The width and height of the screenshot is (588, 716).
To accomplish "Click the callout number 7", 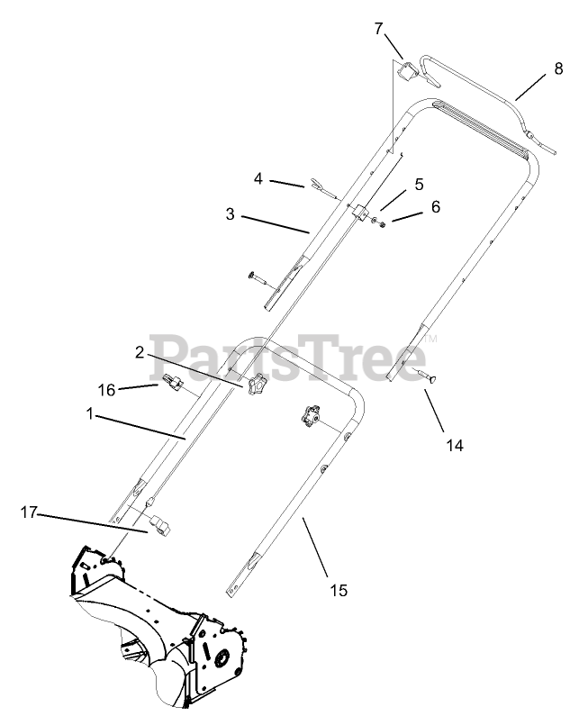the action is (378, 29).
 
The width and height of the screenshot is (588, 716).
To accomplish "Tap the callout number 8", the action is (558, 68).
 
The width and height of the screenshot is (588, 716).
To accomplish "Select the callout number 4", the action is (258, 179).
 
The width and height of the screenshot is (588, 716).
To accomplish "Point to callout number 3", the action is (231, 214).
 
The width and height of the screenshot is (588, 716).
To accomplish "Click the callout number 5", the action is (419, 184).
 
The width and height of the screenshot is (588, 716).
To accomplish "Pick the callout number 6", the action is (436, 205).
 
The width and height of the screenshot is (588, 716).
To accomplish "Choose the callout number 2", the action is (140, 352).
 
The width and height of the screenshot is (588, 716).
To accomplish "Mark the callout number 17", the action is (28, 512).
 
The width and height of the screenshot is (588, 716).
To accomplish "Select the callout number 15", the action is (338, 591).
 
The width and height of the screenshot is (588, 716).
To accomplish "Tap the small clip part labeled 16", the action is (175, 385).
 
